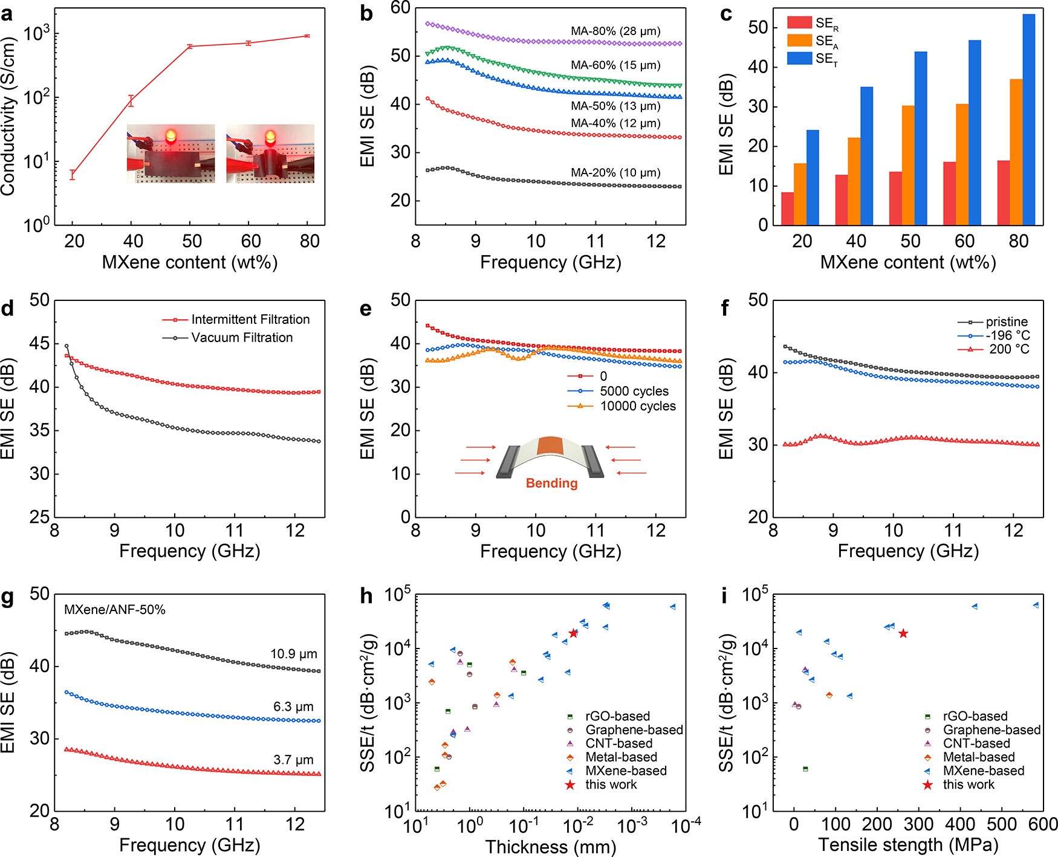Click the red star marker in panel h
coord(573,633)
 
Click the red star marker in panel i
coord(903,633)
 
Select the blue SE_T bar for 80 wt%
coord(1028,120)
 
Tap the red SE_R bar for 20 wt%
coord(787,209)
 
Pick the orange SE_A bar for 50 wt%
coord(908,165)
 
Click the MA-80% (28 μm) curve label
coord(615,31)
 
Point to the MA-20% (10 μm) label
coord(615,173)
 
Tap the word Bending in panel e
coord(551,483)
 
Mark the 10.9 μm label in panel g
coord(294,654)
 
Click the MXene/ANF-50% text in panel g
coord(115,610)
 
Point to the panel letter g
coord(8,597)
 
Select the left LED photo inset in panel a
coord(170,154)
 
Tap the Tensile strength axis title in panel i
coord(908,845)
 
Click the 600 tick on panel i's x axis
coord(1043,824)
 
